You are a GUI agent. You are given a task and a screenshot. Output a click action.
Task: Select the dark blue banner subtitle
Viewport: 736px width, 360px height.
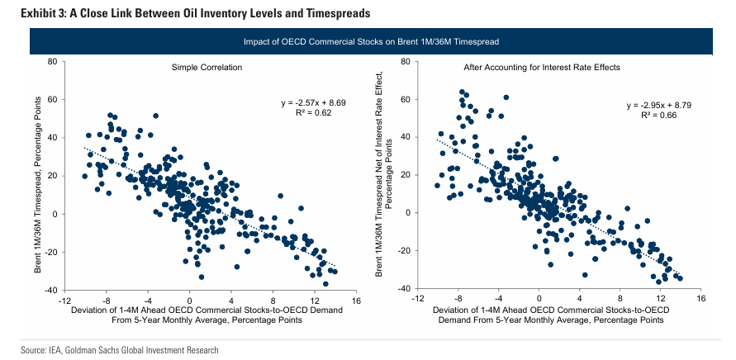371,41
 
